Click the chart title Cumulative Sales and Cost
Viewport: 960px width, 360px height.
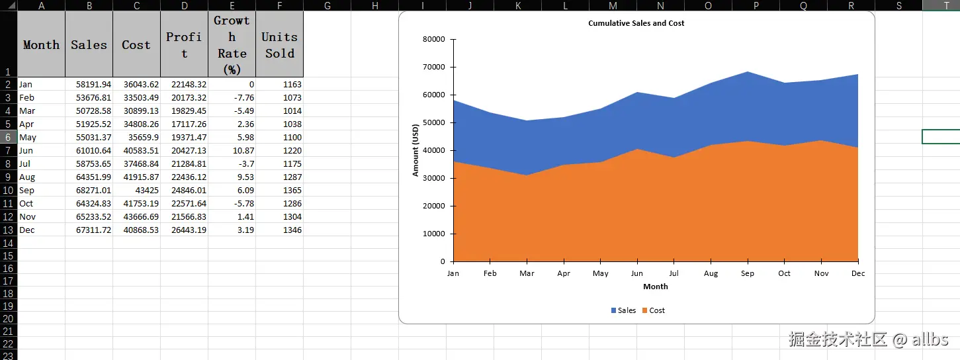click(636, 23)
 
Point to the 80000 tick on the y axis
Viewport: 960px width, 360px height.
click(433, 39)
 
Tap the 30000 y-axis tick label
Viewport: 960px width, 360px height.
click(433, 178)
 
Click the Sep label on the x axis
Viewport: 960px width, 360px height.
click(747, 273)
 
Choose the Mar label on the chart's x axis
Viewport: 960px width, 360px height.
click(527, 273)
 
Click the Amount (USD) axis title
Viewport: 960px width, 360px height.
click(415, 150)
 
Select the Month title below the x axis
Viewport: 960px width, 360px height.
click(655, 287)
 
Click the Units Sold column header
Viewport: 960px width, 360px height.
click(279, 45)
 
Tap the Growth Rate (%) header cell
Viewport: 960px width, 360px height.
click(232, 45)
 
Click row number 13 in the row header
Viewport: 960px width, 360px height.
click(8, 230)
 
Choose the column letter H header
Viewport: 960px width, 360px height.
click(374, 5)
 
